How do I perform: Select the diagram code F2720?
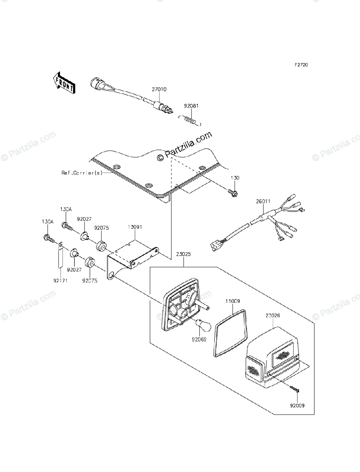point(301,65)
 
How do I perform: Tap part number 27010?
point(159,89)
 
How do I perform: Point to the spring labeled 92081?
point(191,120)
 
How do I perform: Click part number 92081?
point(191,106)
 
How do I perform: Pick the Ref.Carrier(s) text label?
point(82,173)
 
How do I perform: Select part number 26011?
point(263,201)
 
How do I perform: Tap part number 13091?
point(135,227)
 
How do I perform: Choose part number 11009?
point(233,301)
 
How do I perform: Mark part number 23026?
point(273,316)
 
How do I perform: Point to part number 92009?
point(297,406)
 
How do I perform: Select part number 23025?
point(184,254)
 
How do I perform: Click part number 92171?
point(61,280)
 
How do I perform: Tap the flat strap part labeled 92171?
point(60,256)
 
